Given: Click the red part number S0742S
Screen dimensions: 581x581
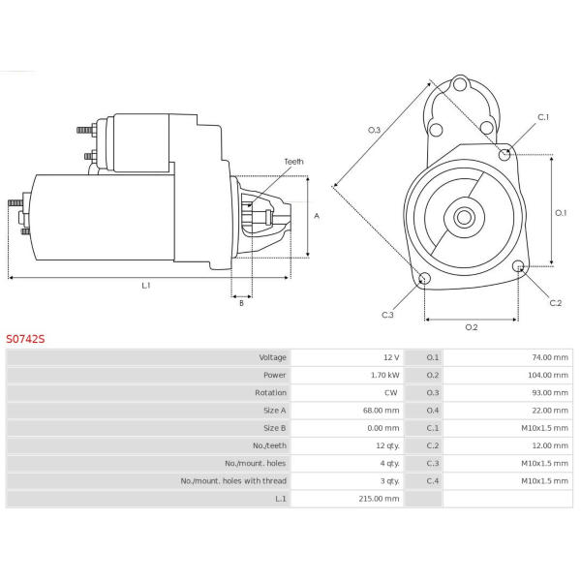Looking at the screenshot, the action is click(25, 339).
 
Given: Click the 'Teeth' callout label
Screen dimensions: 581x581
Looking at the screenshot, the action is click(293, 162).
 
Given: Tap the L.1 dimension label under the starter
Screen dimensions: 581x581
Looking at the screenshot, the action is click(146, 286).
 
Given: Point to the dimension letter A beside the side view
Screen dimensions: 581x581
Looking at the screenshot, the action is click(317, 216).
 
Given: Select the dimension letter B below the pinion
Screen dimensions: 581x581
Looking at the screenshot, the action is click(241, 303).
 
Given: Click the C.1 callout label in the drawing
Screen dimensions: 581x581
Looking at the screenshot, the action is click(543, 117).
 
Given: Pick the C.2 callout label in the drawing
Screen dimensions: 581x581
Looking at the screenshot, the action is click(556, 303).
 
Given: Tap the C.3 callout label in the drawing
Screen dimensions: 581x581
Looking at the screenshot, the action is click(387, 315).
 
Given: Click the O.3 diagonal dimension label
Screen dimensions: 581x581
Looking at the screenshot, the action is click(374, 130).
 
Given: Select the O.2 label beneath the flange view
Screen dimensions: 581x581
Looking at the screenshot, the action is click(472, 327).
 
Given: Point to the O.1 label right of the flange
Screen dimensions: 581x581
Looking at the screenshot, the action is click(561, 213).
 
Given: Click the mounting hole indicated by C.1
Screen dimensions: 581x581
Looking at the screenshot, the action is click(505, 154).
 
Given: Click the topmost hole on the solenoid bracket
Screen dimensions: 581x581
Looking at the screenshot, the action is click(460, 84).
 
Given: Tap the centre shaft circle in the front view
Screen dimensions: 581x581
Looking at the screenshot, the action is click(464, 218).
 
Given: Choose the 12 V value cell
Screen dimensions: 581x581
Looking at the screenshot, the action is click(391, 357).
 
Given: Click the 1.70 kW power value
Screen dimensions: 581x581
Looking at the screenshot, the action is click(385, 375).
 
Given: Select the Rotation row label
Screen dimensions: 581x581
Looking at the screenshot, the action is click(270, 393).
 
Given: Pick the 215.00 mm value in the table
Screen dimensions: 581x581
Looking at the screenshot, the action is click(379, 499).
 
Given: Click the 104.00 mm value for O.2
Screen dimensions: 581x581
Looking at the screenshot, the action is click(548, 375).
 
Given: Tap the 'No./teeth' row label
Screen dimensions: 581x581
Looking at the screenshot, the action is click(270, 445).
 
